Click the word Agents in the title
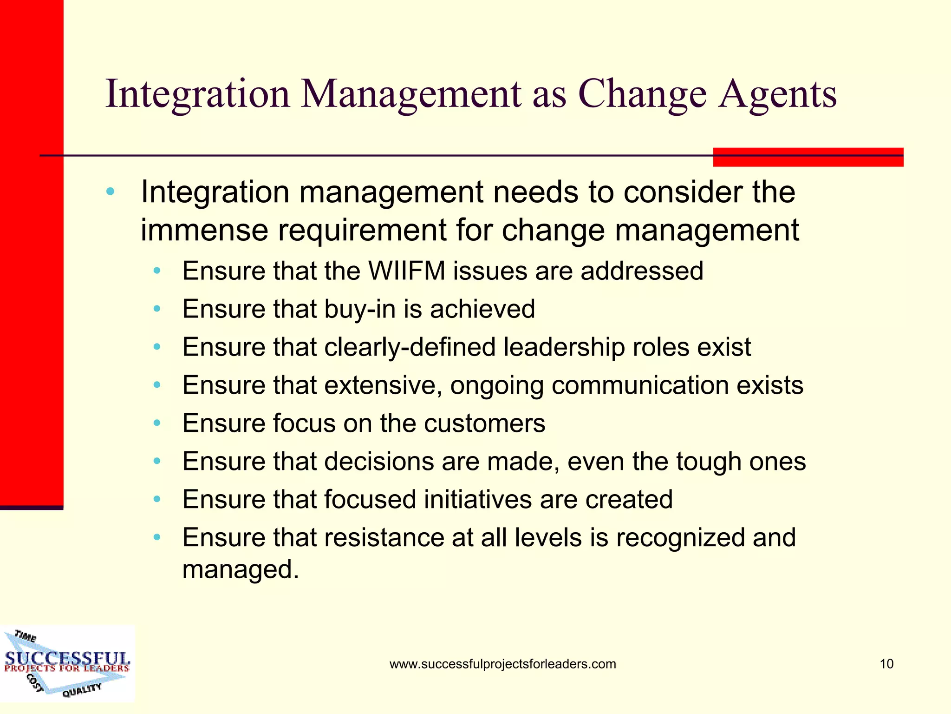click(778, 94)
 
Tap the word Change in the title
click(642, 94)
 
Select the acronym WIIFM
click(407, 271)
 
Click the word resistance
click(384, 538)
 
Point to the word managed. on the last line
click(241, 569)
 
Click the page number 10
click(886, 664)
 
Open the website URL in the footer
click(502, 664)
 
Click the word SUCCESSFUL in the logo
click(67, 658)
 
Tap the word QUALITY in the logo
click(82, 690)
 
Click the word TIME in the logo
click(25, 636)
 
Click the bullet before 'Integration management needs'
click(110, 192)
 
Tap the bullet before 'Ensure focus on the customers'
click(157, 423)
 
